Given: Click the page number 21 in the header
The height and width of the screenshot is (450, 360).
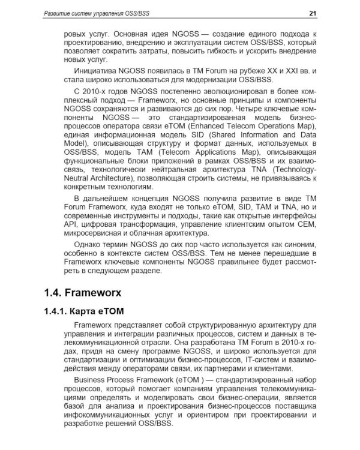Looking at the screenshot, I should click(313, 13).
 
